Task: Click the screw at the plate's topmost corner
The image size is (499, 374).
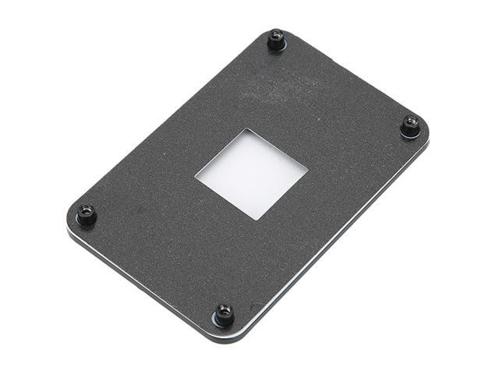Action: point(276,39)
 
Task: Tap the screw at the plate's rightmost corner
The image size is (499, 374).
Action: point(410,126)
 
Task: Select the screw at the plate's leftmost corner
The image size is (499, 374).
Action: point(86,213)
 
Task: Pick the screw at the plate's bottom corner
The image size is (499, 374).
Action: point(225,314)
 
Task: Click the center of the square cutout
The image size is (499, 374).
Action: point(251,173)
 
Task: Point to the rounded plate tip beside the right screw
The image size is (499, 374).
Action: point(426,131)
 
